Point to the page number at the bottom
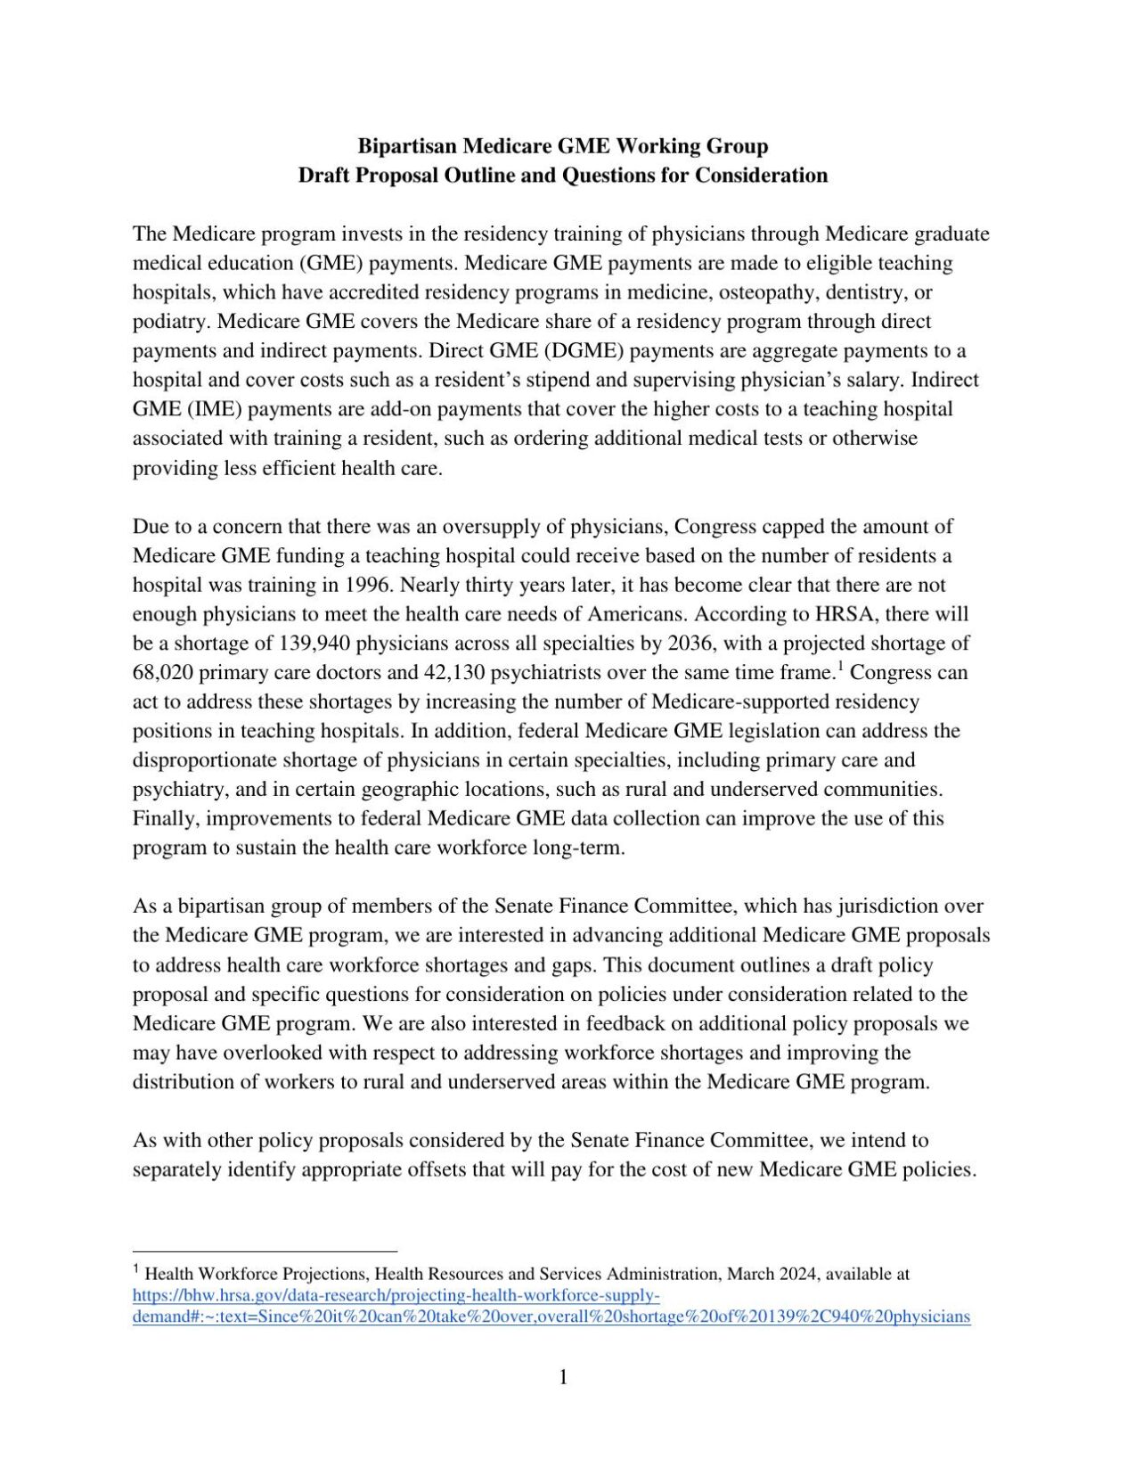click(563, 1377)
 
